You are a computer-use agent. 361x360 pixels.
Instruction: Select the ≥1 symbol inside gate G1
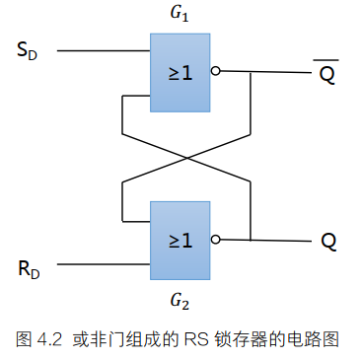pyautogui.click(x=180, y=72)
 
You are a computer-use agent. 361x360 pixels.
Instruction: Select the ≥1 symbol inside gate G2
pyautogui.click(x=180, y=240)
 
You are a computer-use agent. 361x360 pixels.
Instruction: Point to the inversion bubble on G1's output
pyautogui.click(x=215, y=72)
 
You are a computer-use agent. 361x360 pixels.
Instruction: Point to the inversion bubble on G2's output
pyautogui.click(x=215, y=240)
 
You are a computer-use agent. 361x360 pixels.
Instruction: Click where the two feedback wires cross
pyautogui.click(x=184, y=156)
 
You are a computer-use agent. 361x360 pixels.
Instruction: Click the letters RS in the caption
pyautogui.click(x=195, y=339)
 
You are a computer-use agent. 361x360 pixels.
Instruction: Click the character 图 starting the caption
pyautogui.click(x=25, y=339)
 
